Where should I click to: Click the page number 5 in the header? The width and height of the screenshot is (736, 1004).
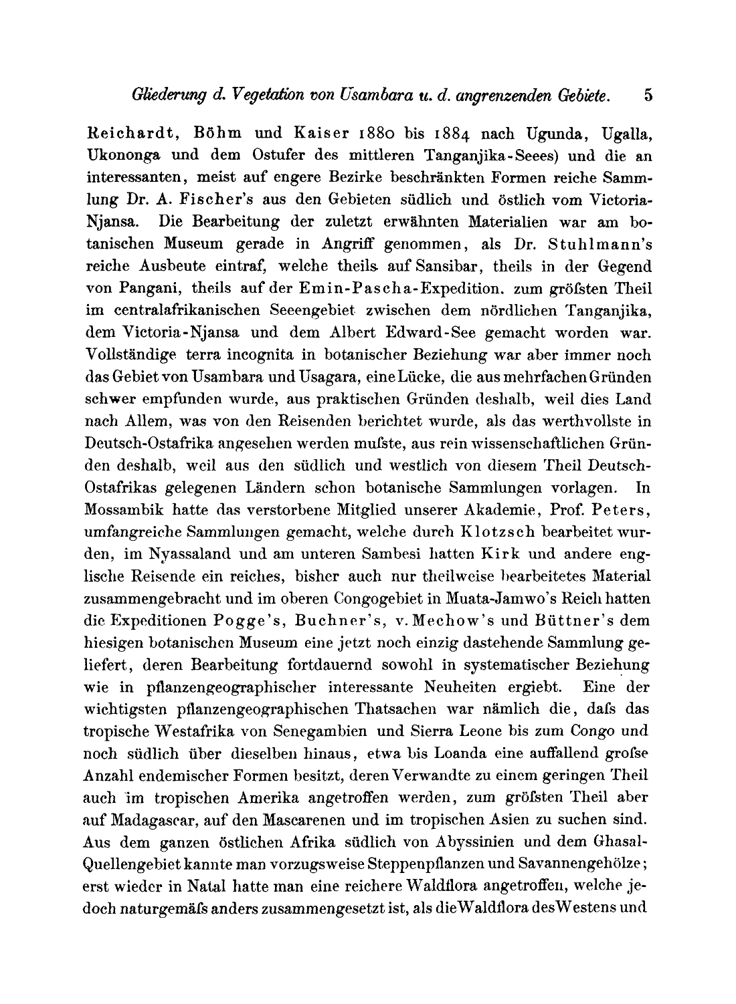point(648,95)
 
